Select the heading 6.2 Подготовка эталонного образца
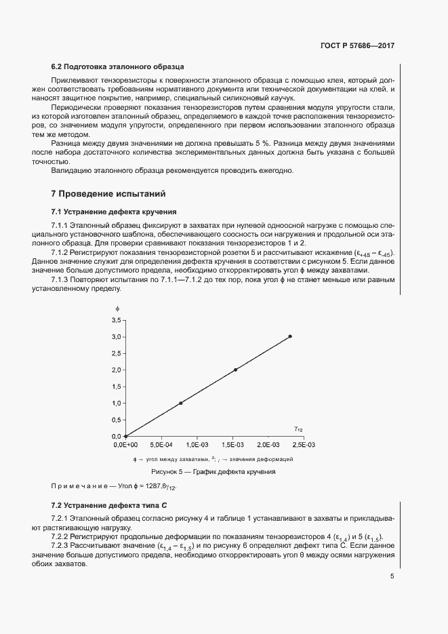(x=118, y=66)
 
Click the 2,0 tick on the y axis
(x=116, y=370)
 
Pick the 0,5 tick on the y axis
(x=116, y=420)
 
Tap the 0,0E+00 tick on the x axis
(x=125, y=445)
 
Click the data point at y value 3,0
(x=290, y=336)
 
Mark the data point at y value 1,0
(x=180, y=403)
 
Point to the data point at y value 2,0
(x=235, y=370)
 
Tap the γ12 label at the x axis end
(x=298, y=429)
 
